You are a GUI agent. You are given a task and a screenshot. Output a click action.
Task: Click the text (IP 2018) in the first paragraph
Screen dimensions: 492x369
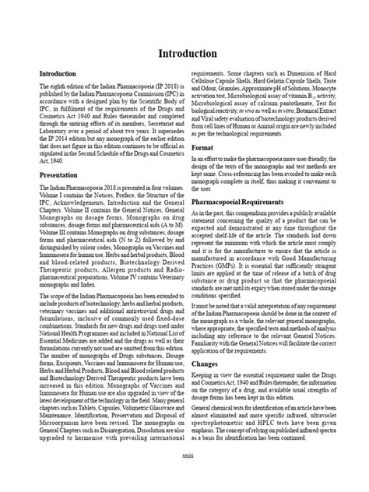tap(156, 86)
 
